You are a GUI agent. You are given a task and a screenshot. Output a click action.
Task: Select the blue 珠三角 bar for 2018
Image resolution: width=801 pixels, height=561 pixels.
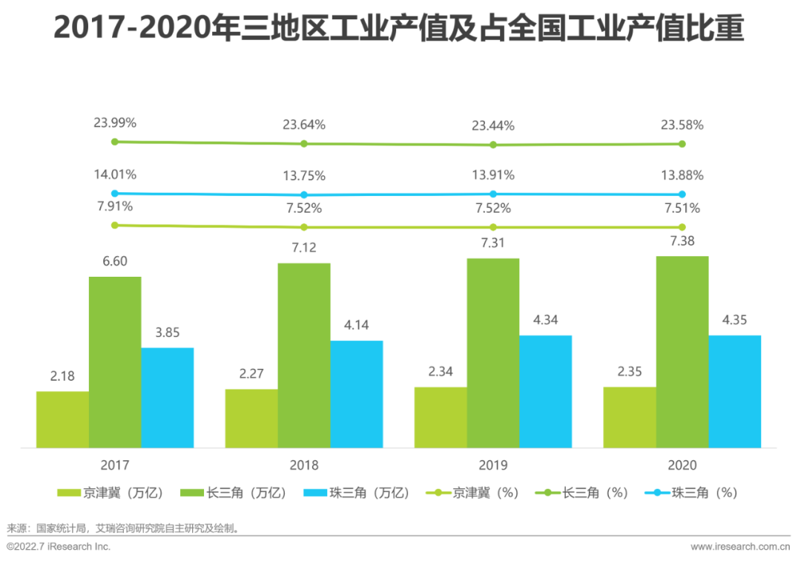(357, 394)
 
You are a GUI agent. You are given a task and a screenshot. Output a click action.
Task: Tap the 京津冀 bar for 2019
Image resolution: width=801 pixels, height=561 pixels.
(441, 417)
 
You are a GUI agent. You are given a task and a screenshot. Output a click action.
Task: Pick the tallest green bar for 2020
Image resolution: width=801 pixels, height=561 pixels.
(682, 352)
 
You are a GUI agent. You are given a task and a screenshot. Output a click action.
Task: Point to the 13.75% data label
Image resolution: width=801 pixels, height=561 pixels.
(303, 175)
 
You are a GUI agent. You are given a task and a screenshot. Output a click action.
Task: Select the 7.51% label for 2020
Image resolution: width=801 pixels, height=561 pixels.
(682, 209)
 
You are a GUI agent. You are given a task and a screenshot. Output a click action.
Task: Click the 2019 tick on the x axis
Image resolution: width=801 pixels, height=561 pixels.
(493, 465)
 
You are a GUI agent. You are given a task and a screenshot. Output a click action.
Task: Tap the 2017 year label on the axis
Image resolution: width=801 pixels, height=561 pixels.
(115, 465)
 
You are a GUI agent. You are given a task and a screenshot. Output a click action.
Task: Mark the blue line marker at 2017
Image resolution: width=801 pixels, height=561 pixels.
(114, 193)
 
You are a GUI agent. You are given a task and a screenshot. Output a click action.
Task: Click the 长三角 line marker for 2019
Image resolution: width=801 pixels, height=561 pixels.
(493, 145)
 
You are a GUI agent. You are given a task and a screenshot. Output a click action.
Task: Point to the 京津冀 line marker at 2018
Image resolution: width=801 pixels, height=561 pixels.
(303, 227)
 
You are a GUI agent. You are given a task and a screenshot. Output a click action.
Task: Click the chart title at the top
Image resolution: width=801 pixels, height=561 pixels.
(400, 30)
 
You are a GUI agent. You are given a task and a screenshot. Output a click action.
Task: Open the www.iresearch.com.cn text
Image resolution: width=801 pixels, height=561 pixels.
(742, 546)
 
